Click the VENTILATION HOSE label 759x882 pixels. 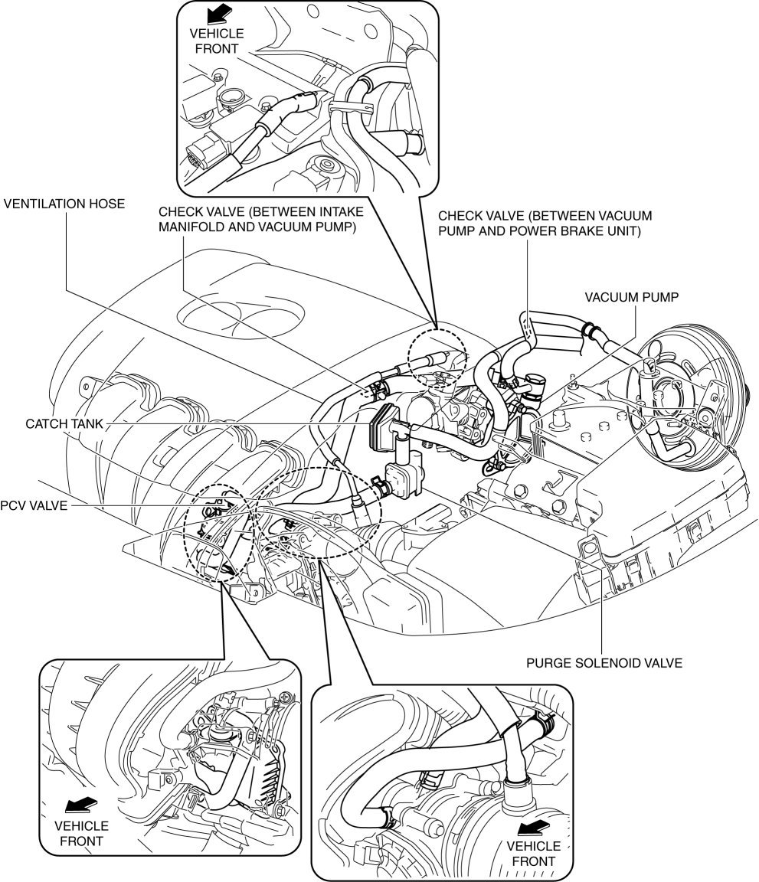coord(64,204)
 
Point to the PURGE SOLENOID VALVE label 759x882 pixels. coord(604,663)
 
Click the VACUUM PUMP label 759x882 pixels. coord(631,297)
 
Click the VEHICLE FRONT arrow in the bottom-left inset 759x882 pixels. coord(82,805)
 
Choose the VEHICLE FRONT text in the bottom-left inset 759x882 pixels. coord(82,834)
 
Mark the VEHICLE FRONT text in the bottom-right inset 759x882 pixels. coord(533,854)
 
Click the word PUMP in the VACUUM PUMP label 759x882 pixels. coord(660,297)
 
